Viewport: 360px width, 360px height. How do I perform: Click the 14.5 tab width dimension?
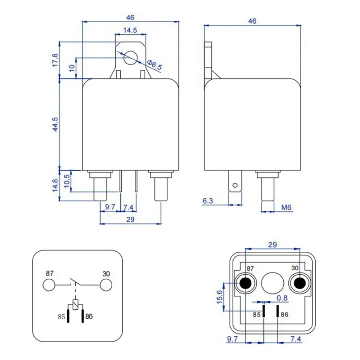pos(131,30)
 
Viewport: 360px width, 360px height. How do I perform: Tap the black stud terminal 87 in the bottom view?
pos(245,284)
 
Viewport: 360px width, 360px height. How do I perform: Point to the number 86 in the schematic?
pos(89,316)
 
